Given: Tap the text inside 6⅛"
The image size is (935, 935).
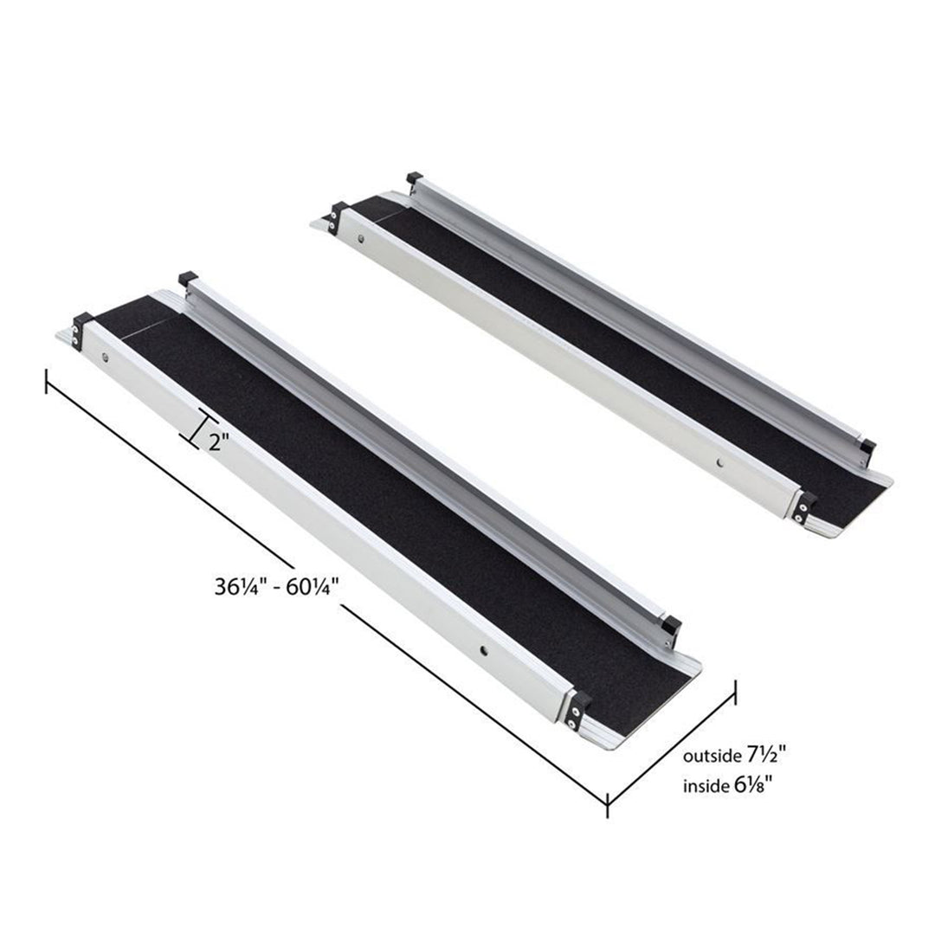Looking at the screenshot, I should (727, 787).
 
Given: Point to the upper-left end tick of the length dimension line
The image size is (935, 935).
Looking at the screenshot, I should (47, 381).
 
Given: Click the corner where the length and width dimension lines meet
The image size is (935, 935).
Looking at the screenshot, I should (609, 802).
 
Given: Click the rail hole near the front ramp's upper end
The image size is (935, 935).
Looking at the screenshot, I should (106, 357).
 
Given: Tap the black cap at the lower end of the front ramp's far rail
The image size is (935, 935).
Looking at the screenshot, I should (669, 624).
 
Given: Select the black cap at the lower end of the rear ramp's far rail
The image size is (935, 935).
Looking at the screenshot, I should (867, 449).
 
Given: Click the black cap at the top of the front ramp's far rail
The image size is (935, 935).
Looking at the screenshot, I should (184, 279).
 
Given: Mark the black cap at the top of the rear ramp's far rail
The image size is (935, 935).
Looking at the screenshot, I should (414, 179).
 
